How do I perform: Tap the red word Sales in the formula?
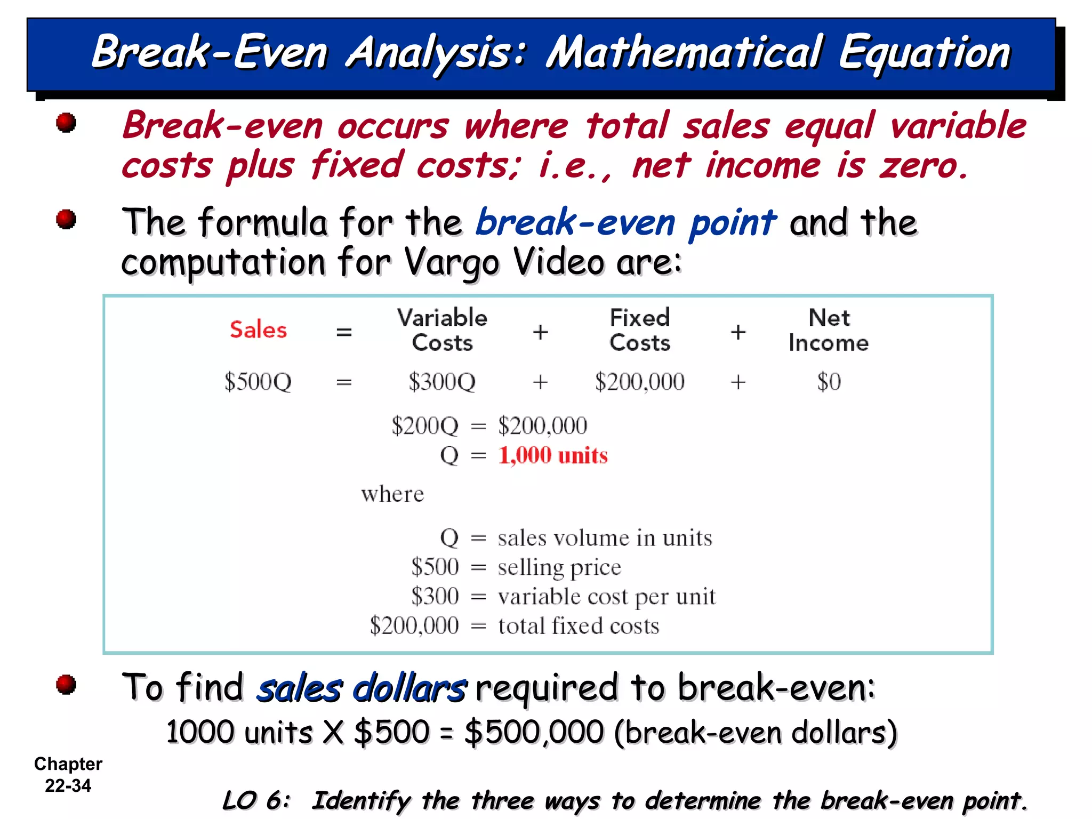coord(258,330)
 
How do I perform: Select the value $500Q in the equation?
coord(258,382)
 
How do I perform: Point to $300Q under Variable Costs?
coord(442,382)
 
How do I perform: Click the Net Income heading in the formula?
coord(829,330)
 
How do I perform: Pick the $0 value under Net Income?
coord(829,382)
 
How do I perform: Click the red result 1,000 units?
coord(553,456)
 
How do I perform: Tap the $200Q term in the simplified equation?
coord(425,426)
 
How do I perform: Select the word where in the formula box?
coord(392,494)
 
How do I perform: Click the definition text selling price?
coord(559,567)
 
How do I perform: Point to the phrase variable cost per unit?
coord(606,597)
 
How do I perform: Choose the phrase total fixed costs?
coord(579,626)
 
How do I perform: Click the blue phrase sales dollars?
coord(362,688)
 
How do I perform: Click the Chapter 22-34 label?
coord(68,775)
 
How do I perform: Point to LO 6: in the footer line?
coord(256,800)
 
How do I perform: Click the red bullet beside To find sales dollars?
coord(66,685)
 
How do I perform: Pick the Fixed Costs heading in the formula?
coord(640,330)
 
